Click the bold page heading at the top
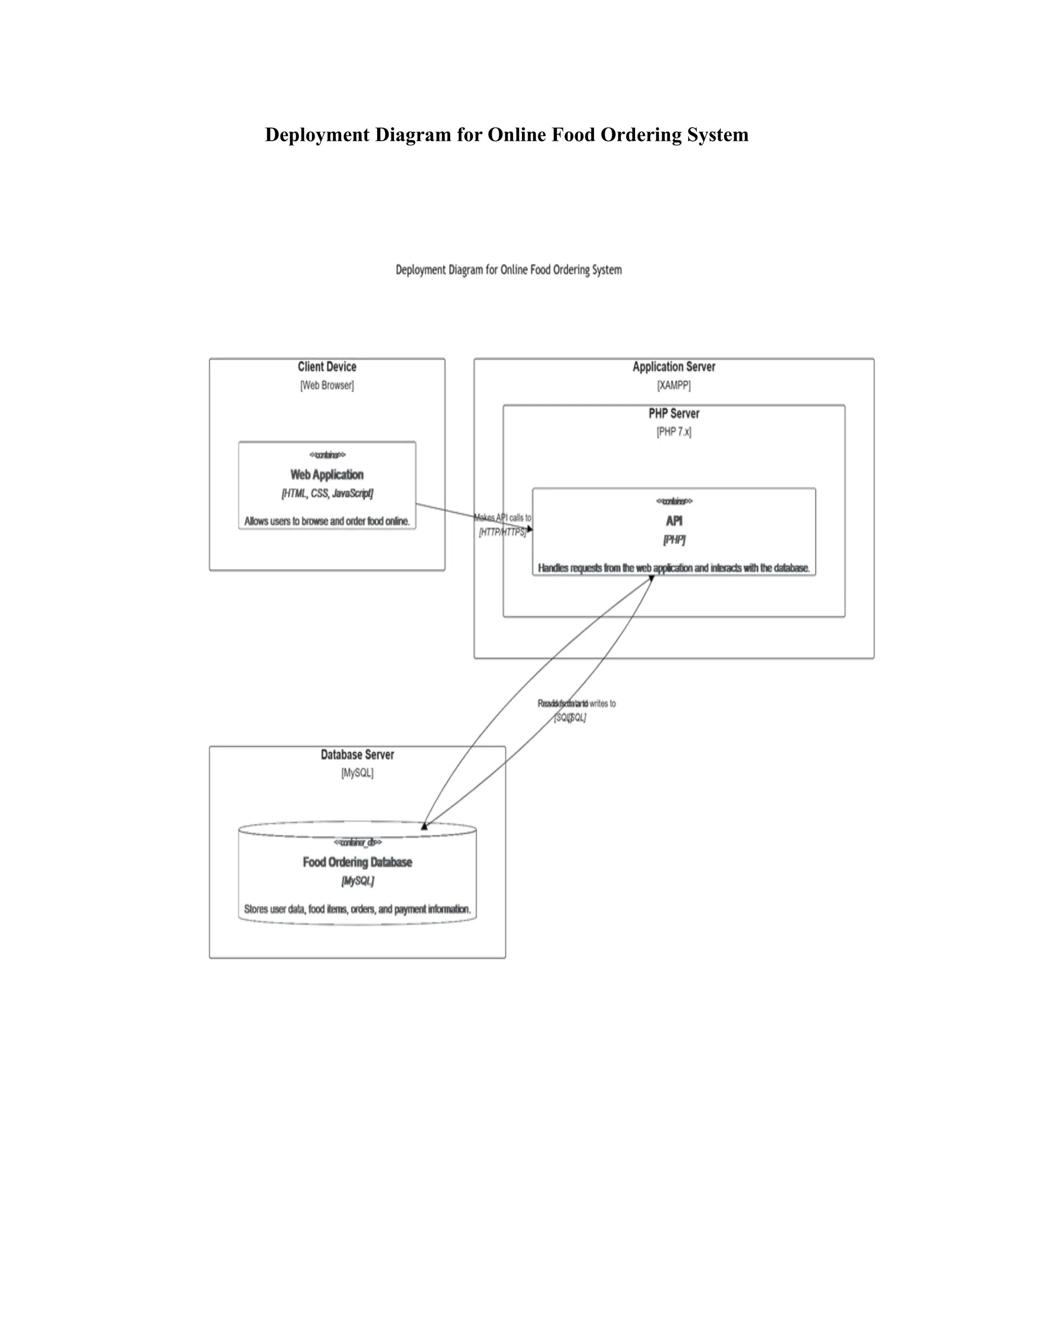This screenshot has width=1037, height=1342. coord(507,135)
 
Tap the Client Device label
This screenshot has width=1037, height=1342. coord(327,367)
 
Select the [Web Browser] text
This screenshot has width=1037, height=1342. coord(327,386)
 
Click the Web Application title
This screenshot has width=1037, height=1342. coord(327,475)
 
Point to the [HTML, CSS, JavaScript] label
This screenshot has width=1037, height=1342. coord(327,493)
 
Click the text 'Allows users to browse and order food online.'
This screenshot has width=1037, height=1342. coord(327,521)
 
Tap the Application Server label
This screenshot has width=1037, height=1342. coord(674,367)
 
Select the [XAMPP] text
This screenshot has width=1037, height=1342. coord(674,386)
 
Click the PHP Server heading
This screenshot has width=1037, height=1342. coord(674,414)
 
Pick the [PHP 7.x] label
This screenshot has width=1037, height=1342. coord(674,432)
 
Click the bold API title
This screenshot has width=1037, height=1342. coord(674,521)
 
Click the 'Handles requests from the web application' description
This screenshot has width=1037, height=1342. coord(674,568)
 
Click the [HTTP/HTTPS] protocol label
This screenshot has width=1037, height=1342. coord(502,532)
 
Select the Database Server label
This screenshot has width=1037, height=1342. coord(357,755)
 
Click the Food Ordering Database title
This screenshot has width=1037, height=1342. coord(357,862)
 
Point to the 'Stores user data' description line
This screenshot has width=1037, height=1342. coord(357,909)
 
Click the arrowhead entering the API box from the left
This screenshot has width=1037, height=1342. coord(530,528)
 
